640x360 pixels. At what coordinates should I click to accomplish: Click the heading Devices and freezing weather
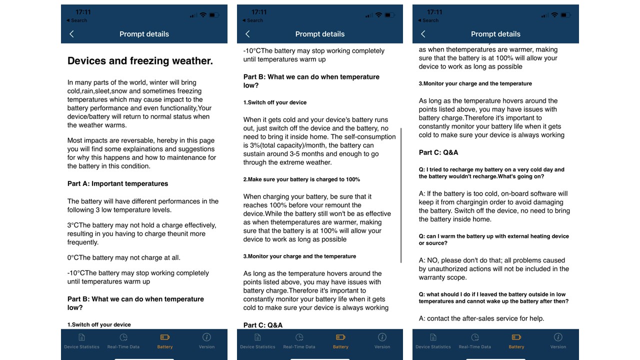pyautogui.click(x=140, y=61)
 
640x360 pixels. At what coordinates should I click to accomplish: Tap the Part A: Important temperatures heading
pyautogui.click(x=117, y=183)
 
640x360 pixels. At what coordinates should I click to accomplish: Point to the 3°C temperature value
pyautogui.click(x=73, y=225)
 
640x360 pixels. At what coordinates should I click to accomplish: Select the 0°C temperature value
pyautogui.click(x=73, y=257)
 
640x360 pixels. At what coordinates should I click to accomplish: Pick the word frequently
pyautogui.click(x=83, y=242)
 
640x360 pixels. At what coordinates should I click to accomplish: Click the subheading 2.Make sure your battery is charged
pyautogui.click(x=301, y=179)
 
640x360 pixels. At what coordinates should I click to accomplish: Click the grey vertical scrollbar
pyautogui.click(x=401, y=195)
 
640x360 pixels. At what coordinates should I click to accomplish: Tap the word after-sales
pyautogui.click(x=480, y=318)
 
